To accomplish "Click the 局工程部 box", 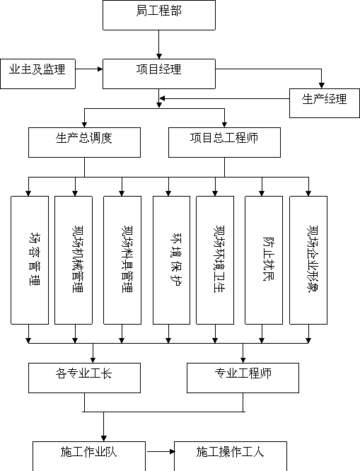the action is pos(159,15).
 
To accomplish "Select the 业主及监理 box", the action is pos(37,74).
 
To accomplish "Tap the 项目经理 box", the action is pos(159,74).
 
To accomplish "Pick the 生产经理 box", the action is pos(325,103).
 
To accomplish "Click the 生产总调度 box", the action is pos(84,142).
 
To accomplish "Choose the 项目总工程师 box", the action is pos(224,142).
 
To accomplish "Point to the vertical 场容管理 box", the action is pos(30,260).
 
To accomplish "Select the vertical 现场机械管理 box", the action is pos(74,260).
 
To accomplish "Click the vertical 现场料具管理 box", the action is pos(122,260).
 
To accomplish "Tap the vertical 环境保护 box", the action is pos(171,260).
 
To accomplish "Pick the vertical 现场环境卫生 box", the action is pos(215,260).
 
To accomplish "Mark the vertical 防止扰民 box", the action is pos(264,260).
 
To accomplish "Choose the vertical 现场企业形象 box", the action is pos(308,260).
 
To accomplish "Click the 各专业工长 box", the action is pos(84,378).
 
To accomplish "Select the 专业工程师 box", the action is pos(243,378).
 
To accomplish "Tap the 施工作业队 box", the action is pos(89,456).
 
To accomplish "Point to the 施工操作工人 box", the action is pos(231,456).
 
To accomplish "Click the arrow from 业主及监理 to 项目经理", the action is pos(89,69).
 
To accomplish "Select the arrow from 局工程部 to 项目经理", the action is pos(159,45).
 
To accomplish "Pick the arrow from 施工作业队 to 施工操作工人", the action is pos(161,451).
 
